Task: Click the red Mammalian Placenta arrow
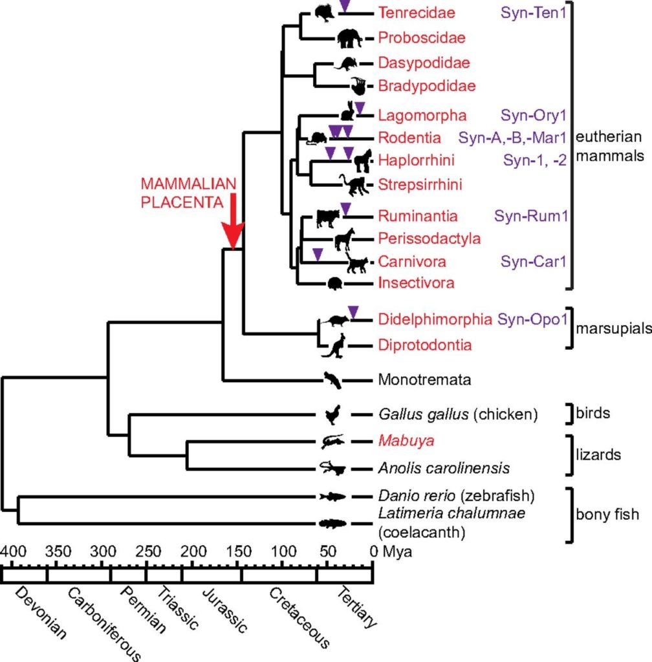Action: click(233, 221)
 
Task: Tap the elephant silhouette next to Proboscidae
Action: click(350, 38)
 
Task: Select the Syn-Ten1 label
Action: click(533, 13)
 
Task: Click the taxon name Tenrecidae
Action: click(417, 13)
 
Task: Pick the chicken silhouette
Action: click(332, 414)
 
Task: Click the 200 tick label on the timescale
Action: click(193, 551)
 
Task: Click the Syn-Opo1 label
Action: click(532, 319)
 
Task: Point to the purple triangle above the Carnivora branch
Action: click(318, 255)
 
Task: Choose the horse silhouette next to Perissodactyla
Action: click(344, 239)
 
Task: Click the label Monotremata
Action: click(424, 379)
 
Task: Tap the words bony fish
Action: click(607, 515)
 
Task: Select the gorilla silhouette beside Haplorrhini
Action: click(363, 161)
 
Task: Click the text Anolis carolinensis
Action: click(444, 468)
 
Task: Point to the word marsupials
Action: click(614, 328)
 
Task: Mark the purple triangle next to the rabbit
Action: click(360, 108)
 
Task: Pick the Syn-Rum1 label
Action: click(531, 216)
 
